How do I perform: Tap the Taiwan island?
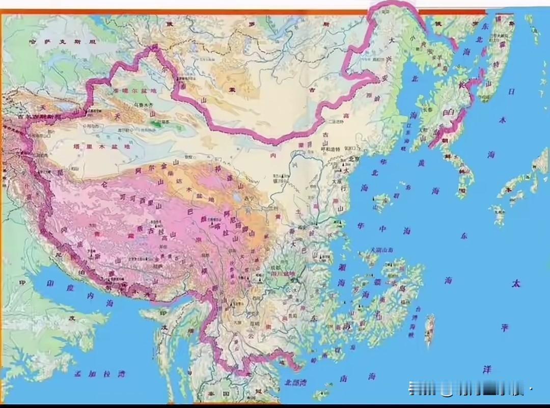pyautogui.click(x=430, y=324)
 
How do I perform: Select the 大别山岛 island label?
pyautogui.click(x=381, y=250)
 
